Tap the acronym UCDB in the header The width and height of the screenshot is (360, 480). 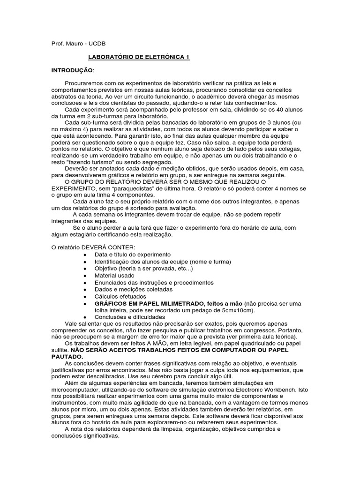pyautogui.click(x=97, y=44)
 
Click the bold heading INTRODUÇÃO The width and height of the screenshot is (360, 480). pyautogui.click(x=72, y=70)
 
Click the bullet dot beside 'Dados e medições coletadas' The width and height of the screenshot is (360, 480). pyautogui.click(x=83, y=290)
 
